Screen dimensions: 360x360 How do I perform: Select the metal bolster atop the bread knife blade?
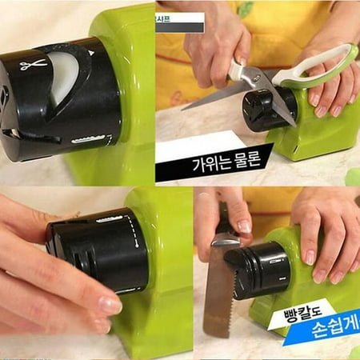(x=224, y=241)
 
